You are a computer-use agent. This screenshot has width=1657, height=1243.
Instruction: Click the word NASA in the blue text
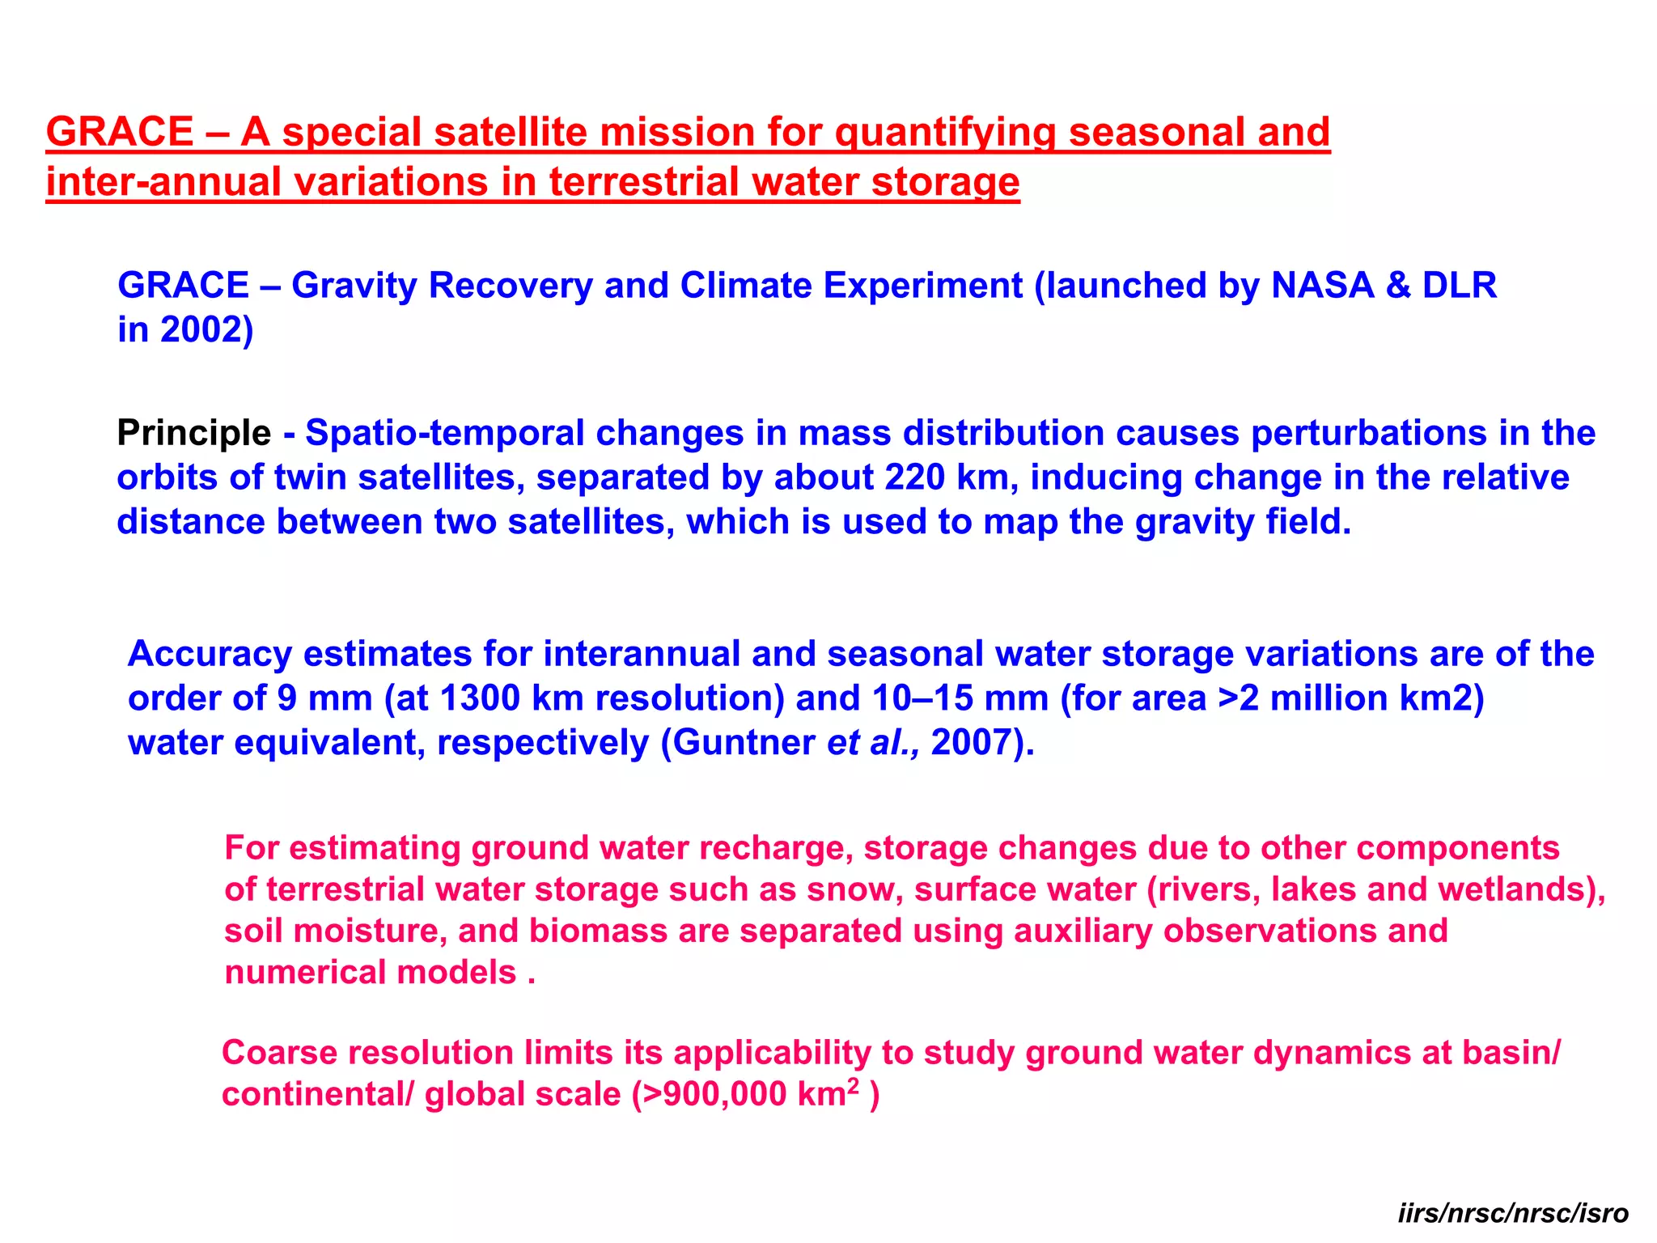click(1322, 286)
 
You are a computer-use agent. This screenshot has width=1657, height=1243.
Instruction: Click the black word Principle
click(194, 433)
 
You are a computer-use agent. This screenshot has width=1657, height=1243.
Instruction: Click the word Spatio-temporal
click(444, 433)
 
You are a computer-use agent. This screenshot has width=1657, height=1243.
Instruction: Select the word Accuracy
click(210, 654)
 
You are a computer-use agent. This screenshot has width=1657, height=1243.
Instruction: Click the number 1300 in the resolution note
click(478, 698)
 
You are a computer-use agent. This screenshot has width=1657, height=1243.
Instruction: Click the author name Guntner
click(744, 743)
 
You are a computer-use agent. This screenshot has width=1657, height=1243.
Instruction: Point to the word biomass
click(598, 931)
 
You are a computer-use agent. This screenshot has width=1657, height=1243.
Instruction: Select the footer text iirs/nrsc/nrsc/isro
click(1513, 1213)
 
